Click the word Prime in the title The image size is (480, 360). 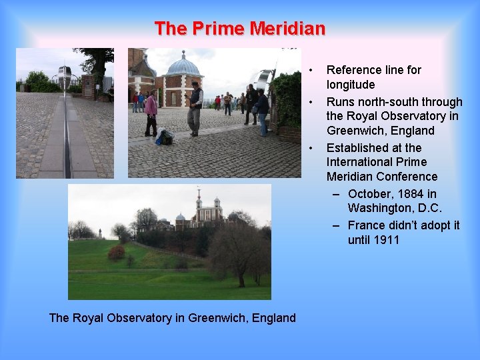coord(219,29)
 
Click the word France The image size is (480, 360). coord(366,225)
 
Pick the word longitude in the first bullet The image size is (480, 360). coord(351,85)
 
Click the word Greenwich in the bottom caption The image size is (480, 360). coord(215,318)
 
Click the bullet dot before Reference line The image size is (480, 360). coord(311,70)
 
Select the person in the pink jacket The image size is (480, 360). coord(151,109)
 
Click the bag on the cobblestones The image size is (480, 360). coord(165,137)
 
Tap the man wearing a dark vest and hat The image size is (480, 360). coord(195,107)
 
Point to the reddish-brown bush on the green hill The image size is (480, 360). coord(117,252)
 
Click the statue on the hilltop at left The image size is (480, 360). coord(100,233)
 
